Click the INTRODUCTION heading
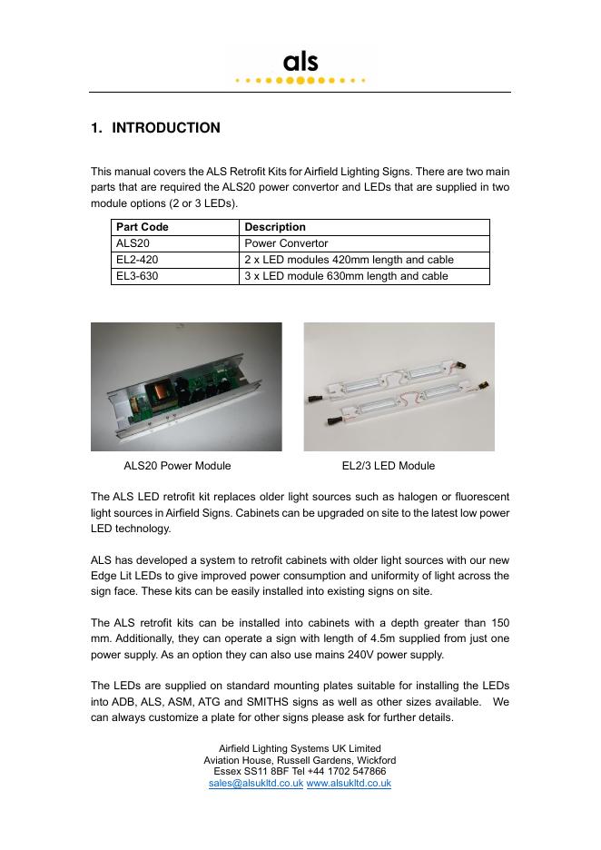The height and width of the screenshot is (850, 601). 165,128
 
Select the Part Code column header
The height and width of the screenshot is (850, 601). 143,227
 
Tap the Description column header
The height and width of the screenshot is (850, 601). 275,227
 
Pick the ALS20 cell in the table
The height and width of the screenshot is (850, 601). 132,243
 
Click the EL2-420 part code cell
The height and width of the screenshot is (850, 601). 137,260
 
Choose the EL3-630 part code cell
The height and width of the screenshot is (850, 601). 137,276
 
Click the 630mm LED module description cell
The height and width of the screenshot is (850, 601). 346,276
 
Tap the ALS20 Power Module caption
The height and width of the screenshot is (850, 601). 177,466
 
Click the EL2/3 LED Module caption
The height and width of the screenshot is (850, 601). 388,466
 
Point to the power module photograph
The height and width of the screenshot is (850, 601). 186,387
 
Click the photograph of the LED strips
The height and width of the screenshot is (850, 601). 399,387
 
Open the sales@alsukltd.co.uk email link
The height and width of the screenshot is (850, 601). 255,783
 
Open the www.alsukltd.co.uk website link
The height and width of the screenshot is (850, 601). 349,783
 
